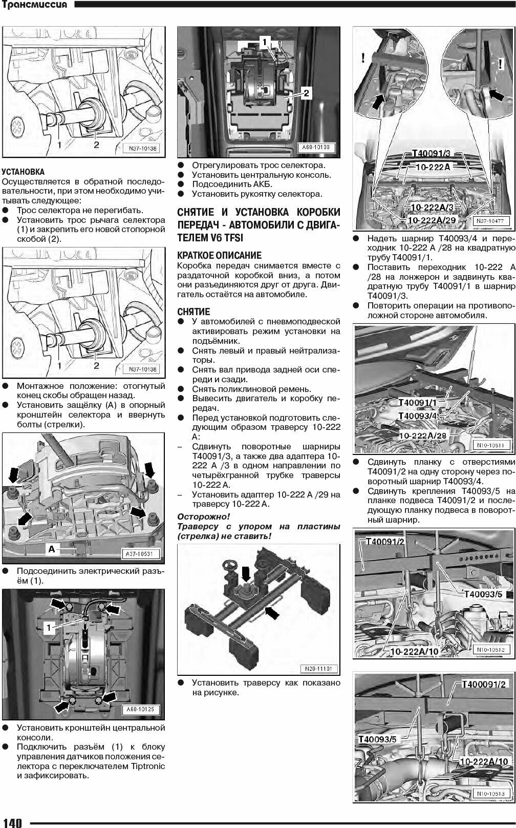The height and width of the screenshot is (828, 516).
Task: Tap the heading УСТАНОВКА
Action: tap(23, 172)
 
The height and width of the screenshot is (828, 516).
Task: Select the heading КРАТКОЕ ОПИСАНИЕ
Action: tap(219, 255)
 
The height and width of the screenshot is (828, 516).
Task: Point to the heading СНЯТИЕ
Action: tap(193, 312)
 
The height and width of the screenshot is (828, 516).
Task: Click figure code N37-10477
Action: tap(490, 221)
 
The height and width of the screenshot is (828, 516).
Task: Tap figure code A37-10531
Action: tap(142, 554)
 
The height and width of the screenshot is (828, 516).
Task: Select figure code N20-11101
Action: tap(319, 669)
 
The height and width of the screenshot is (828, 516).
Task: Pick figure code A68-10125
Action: tap(142, 710)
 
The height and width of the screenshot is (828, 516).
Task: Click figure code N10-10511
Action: tap(490, 445)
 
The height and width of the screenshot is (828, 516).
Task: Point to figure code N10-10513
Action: tap(490, 794)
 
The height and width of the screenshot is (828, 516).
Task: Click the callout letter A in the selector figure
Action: tap(52, 549)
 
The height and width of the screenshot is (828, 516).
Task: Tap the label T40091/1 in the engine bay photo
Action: tap(417, 403)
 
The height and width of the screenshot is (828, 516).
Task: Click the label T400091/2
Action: tap(484, 684)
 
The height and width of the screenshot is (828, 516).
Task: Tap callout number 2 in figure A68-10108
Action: tap(306, 93)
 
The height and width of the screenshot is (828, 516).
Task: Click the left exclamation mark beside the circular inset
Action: tap(363, 58)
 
